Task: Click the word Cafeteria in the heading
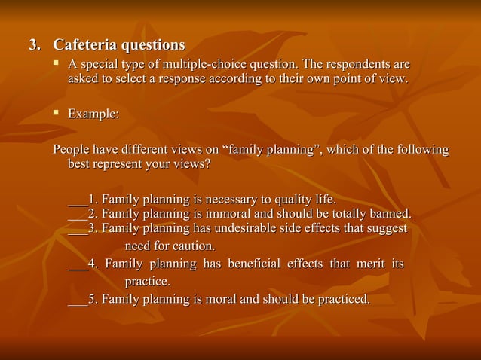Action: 84,46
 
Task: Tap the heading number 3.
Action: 33,46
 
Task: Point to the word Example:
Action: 93,114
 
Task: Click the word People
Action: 71,150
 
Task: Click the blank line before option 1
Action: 77,201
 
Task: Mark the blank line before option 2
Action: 77,214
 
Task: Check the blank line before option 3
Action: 77,229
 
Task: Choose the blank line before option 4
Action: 77,265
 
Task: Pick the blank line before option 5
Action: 77,300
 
